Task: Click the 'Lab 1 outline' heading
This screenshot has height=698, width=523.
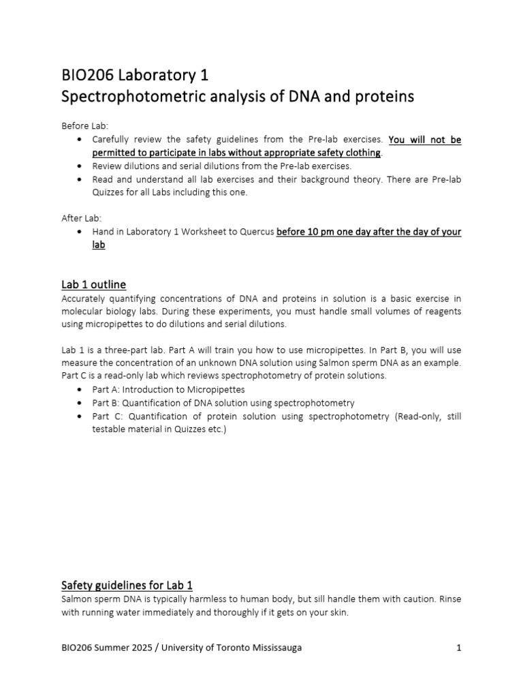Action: (x=93, y=284)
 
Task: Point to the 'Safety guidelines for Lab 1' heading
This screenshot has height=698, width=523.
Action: (x=127, y=585)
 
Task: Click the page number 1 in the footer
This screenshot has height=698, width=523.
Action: (x=459, y=648)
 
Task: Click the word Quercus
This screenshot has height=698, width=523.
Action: (x=255, y=232)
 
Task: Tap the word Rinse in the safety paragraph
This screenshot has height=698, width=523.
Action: (x=447, y=598)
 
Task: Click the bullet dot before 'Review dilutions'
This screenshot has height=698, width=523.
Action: (x=80, y=166)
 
